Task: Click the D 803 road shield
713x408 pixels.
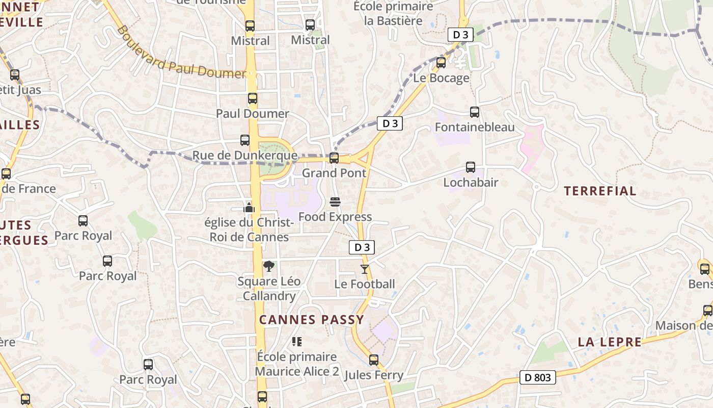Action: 537,378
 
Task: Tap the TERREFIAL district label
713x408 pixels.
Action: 600,191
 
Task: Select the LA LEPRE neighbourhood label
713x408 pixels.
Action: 610,342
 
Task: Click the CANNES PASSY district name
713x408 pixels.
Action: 312,320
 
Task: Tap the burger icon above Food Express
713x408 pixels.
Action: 335,202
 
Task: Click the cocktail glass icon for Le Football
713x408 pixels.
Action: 364,269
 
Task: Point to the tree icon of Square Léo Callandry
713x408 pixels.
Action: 268,266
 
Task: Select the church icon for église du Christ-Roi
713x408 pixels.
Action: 249,208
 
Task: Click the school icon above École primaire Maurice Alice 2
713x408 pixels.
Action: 297,341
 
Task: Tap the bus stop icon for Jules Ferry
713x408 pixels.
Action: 374,360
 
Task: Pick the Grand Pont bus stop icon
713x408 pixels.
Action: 334,158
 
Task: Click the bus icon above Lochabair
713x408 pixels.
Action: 471,167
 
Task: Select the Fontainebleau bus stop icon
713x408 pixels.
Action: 475,112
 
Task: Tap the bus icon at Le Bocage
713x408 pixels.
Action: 441,63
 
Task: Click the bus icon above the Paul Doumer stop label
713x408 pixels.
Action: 253,98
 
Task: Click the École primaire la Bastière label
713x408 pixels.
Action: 393,14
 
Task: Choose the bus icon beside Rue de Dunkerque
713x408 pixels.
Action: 245,140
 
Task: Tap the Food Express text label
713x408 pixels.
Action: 335,217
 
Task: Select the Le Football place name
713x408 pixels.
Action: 365,284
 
